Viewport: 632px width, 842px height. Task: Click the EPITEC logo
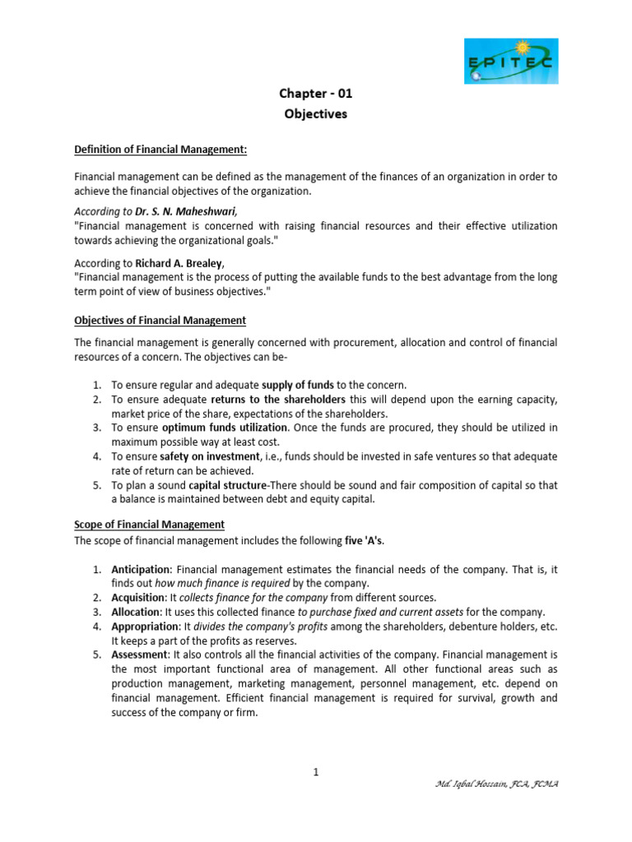pos(510,61)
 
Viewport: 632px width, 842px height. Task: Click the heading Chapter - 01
pos(316,94)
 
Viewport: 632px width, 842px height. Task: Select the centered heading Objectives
pos(316,114)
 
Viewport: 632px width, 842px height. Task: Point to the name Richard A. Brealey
pos(183,264)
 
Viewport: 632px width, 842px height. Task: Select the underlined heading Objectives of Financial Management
pos(160,320)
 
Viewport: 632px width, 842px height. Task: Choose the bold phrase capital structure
pos(224,484)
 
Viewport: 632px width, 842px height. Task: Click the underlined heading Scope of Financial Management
pos(149,525)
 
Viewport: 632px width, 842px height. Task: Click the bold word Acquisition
pos(139,597)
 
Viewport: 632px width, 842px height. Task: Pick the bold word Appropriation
pos(144,627)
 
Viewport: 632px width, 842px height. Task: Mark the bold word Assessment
pos(139,655)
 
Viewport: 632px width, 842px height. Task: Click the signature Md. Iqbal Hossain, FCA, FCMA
pos(496,784)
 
